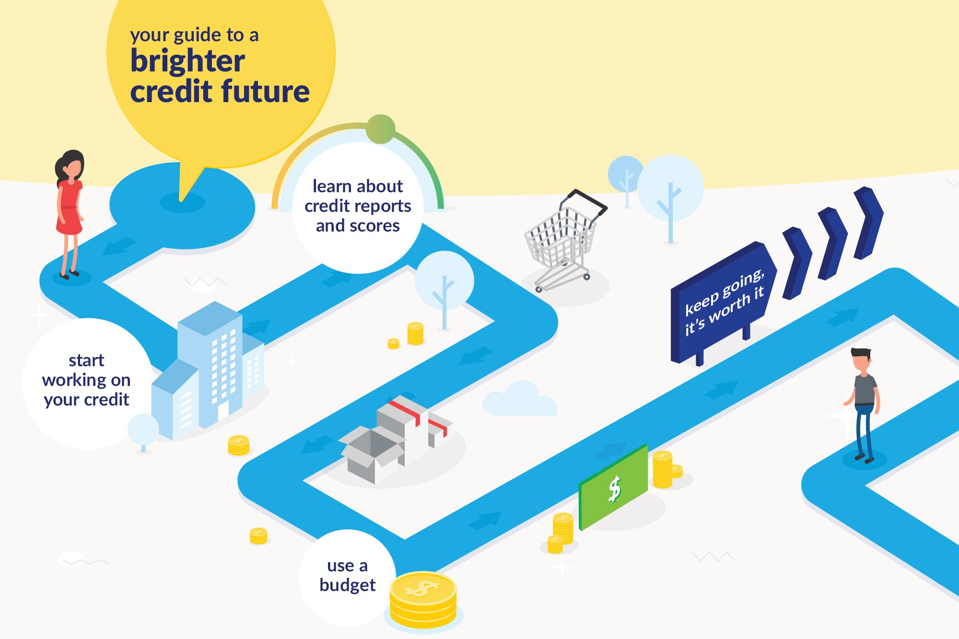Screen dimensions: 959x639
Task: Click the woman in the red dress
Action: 70,211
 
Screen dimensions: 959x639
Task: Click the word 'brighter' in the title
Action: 187,61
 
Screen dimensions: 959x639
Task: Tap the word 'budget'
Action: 347,585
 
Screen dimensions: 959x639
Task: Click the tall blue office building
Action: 211,364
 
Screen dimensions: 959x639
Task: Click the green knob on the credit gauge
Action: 380,129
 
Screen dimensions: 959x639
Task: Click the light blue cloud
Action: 520,400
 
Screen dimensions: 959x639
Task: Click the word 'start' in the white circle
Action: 86,360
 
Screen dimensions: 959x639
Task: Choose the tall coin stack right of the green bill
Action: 662,470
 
